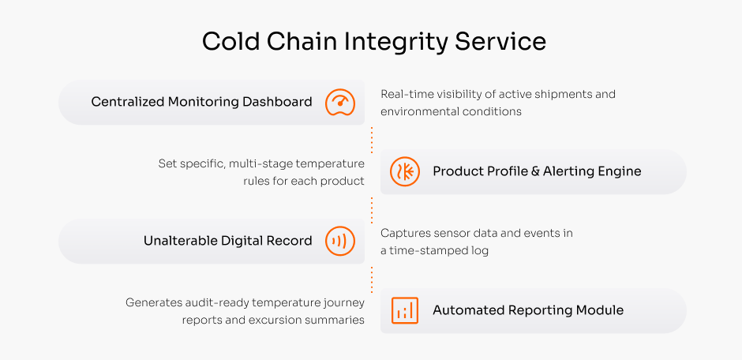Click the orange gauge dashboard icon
coord(339,102)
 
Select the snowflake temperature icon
coord(405,172)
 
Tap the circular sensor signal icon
coord(339,242)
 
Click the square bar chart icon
coord(405,310)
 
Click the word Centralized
coord(128,102)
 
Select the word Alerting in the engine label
coord(568,171)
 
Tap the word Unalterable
coord(180,241)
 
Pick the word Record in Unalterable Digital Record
coord(290,241)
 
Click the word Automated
coord(468,310)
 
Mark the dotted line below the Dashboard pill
coord(372,141)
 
